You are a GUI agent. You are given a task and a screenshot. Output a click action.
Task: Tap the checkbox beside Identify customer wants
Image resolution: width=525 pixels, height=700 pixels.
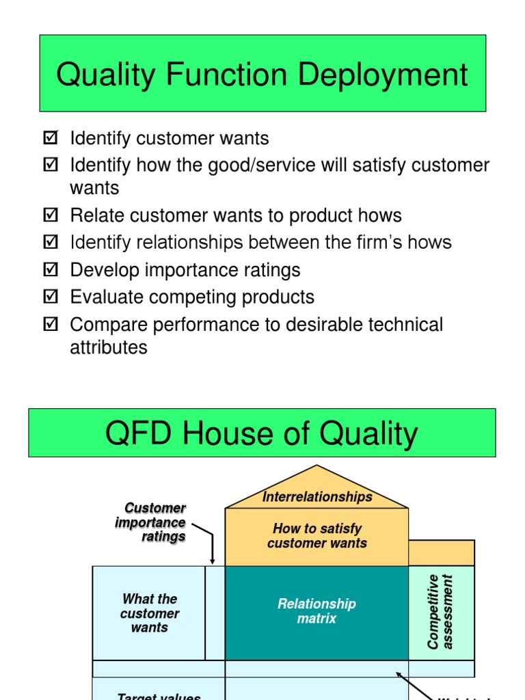[50, 138]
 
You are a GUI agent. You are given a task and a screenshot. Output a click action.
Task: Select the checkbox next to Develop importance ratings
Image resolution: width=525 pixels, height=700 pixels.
[50, 270]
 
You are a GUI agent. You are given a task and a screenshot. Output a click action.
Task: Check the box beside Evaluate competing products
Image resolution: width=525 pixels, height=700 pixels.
[50, 297]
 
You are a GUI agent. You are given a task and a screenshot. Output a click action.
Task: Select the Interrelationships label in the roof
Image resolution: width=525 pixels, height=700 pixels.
[317, 497]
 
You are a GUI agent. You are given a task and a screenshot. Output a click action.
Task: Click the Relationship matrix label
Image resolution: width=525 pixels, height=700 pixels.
[317, 611]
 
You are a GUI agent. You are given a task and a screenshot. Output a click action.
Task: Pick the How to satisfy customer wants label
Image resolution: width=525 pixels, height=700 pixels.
[317, 536]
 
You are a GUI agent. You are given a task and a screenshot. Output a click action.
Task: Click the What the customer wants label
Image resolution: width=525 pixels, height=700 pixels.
[150, 613]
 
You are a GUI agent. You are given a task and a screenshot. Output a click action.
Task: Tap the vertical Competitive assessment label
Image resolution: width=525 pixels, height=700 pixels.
[440, 611]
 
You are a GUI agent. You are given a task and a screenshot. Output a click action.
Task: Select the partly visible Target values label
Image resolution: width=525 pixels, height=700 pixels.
[159, 696]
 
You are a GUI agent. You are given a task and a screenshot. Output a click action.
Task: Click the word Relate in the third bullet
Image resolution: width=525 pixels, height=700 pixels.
[94, 215]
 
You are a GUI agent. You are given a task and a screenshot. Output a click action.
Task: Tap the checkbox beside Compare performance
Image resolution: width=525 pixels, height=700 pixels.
[50, 325]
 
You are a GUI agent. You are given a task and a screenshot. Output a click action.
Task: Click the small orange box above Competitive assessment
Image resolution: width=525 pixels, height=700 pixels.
[442, 552]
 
